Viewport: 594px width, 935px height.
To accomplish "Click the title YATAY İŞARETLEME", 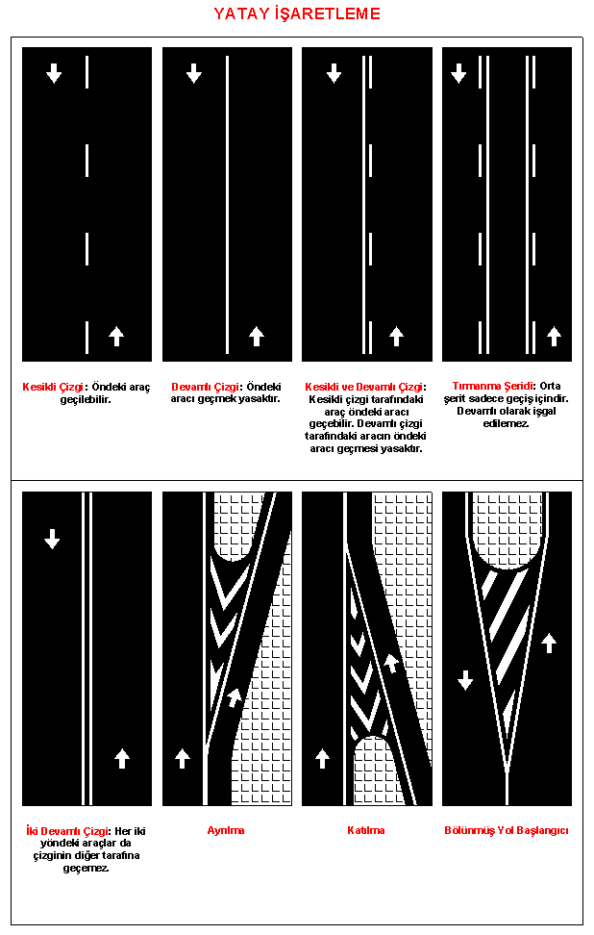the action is tap(297, 13).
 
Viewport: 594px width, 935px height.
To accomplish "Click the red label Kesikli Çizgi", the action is tap(53, 387).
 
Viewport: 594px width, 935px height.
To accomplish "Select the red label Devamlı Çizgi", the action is tap(206, 387).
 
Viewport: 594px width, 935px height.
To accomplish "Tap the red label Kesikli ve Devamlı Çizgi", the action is tap(364, 387).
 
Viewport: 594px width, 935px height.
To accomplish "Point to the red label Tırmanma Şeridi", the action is tap(493, 387).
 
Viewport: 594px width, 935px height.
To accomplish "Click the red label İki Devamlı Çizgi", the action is tap(68, 831).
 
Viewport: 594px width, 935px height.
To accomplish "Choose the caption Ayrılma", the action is tap(226, 830).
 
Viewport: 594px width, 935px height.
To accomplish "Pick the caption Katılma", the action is tap(366, 830).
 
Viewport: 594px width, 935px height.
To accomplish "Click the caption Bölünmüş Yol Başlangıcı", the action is tap(507, 830).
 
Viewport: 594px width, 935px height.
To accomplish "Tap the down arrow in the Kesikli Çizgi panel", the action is tap(54, 73).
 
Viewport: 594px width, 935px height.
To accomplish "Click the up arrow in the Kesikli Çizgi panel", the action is tap(116, 337).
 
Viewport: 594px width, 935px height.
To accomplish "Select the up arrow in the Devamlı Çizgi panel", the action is tap(257, 337).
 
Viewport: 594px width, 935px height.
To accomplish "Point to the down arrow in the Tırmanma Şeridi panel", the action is tap(458, 73).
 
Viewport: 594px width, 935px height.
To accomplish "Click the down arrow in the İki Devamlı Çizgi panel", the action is tap(53, 539).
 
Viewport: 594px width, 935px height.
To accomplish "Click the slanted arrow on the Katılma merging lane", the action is tap(391, 663).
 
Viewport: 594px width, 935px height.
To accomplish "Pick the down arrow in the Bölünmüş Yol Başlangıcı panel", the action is tap(465, 680).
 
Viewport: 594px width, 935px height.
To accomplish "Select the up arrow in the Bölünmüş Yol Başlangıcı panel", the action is tap(549, 644).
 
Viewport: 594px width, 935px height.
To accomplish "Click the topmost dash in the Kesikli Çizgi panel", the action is tap(87, 72).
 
